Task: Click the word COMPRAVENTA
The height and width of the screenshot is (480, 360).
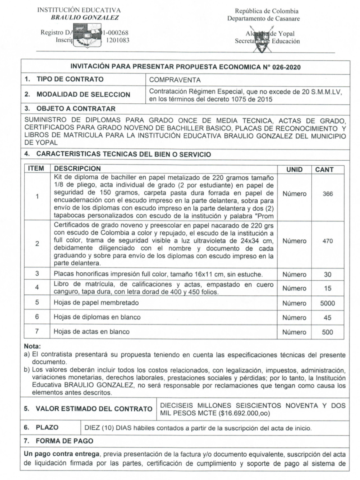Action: point(175,80)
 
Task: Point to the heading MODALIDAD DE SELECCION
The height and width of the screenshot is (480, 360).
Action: point(83,94)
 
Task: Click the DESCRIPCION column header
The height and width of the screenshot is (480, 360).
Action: point(77,169)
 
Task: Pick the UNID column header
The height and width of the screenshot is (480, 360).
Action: point(294,170)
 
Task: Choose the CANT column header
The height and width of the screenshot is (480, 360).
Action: point(324,170)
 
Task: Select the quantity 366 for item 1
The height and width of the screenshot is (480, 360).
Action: point(328,194)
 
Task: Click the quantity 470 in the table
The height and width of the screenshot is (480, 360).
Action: point(328,241)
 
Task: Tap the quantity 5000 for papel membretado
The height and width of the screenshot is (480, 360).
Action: point(327,303)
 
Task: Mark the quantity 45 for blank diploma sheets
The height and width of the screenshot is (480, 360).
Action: point(327,318)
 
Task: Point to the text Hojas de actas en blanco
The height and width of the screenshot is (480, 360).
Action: point(92,332)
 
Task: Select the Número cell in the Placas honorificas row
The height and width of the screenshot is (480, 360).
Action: point(294,275)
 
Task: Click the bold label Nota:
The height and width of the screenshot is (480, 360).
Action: point(32,346)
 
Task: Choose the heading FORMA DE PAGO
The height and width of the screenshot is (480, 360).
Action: point(64,441)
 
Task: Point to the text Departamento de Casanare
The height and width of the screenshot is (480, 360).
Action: point(263,19)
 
